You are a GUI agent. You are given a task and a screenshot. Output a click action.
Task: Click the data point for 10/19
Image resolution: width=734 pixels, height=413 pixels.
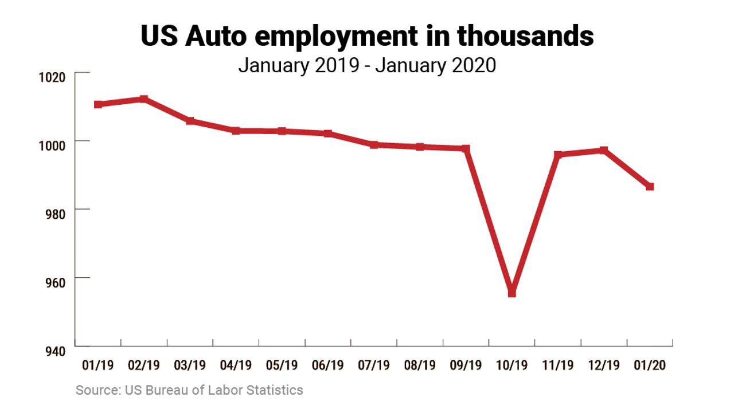pyautogui.click(x=512, y=293)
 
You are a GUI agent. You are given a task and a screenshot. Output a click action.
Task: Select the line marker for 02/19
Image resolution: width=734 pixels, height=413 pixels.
pyautogui.click(x=144, y=99)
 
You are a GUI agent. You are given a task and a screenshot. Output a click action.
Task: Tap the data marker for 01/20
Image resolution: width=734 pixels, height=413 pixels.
pyautogui.click(x=650, y=187)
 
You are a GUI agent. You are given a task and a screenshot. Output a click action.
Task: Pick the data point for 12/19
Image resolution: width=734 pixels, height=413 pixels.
pyautogui.click(x=604, y=150)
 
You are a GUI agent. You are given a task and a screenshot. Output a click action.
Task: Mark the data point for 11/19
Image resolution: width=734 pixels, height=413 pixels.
pyautogui.click(x=558, y=155)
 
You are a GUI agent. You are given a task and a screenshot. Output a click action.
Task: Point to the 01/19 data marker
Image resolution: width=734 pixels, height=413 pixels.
pyautogui.click(x=98, y=104)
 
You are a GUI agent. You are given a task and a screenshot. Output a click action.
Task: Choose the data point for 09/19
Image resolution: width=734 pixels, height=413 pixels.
pyautogui.click(x=466, y=149)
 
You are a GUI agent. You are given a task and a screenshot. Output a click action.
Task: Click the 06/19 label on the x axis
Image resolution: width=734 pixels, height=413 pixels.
pyautogui.click(x=327, y=365)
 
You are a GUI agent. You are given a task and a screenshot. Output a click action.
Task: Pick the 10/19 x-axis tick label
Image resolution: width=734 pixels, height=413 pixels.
pyautogui.click(x=512, y=365)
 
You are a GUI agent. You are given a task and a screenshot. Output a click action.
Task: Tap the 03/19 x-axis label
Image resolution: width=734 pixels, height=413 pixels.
pyautogui.click(x=190, y=365)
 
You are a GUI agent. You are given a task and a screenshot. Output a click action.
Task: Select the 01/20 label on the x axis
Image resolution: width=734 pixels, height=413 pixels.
pyautogui.click(x=650, y=365)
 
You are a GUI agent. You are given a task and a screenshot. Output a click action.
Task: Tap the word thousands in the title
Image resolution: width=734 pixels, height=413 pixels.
pyautogui.click(x=525, y=37)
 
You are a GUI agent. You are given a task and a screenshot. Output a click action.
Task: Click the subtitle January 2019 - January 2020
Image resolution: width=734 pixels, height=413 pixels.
pyautogui.click(x=367, y=65)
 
